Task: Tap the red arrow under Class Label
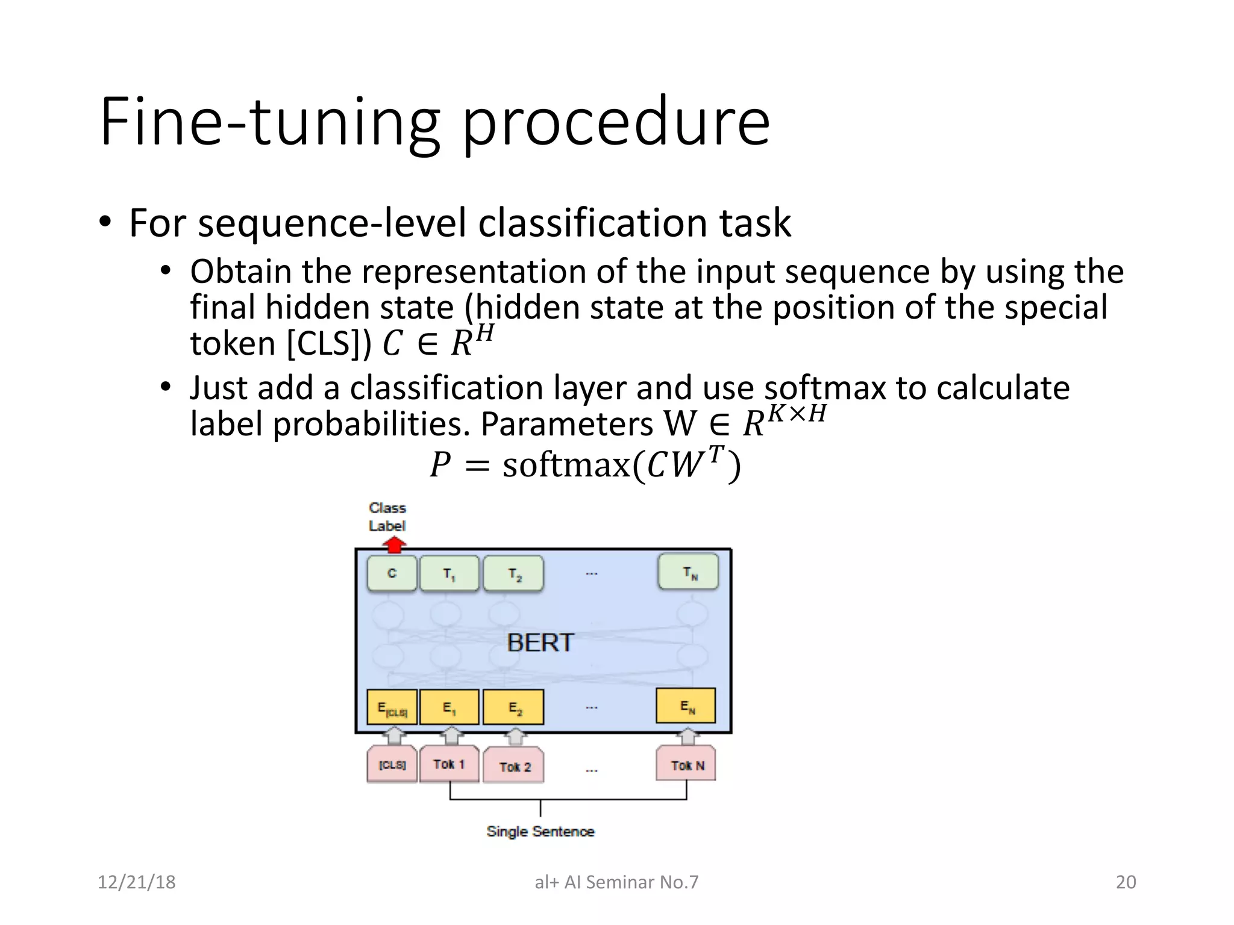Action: (394, 545)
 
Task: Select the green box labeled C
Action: (392, 573)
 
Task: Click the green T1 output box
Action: (449, 573)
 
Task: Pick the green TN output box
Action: (688, 572)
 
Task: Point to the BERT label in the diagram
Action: (540, 643)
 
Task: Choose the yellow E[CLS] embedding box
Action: (392, 708)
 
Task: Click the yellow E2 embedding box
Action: (513, 708)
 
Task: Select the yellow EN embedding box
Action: (686, 706)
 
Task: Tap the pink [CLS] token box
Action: (392, 765)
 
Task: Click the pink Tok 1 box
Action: (449, 764)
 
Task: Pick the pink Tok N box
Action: (686, 765)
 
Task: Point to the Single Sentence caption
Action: (540, 832)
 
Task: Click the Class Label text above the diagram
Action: (387, 517)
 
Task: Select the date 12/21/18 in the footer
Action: (137, 882)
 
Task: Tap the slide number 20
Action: (1126, 882)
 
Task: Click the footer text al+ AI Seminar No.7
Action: (616, 882)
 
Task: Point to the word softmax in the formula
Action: (566, 466)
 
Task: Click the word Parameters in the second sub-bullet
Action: (566, 424)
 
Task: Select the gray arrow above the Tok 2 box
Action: (515, 737)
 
